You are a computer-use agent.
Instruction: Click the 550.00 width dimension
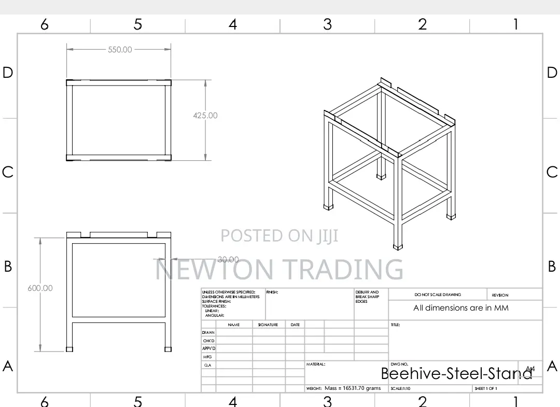pos(120,50)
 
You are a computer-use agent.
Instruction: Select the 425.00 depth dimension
pos(205,116)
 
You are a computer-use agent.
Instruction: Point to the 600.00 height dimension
pos(40,288)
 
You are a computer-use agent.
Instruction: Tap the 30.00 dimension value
pos(228,260)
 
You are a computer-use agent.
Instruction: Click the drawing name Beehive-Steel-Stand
pos(456,373)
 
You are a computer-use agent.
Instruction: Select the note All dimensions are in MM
pos(461,308)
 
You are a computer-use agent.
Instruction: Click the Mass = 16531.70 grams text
pos(353,388)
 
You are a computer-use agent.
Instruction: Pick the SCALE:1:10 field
pos(401,388)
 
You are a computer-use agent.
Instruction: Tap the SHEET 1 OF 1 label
pos(486,388)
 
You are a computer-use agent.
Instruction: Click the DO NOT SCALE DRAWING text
pos(438,294)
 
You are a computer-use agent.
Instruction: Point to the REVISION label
pos(500,295)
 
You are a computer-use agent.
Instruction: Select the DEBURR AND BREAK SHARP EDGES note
pos(367,297)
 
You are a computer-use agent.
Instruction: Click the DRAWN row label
pos(208,332)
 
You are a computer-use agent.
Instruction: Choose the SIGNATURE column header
pos(268,325)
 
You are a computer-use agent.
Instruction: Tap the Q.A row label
pos(207,365)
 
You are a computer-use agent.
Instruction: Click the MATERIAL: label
pos(316,364)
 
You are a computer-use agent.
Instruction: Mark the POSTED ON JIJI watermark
pos(279,236)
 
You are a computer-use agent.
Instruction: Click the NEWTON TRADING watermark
pos(279,269)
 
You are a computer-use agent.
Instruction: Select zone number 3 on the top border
pos(327,24)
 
